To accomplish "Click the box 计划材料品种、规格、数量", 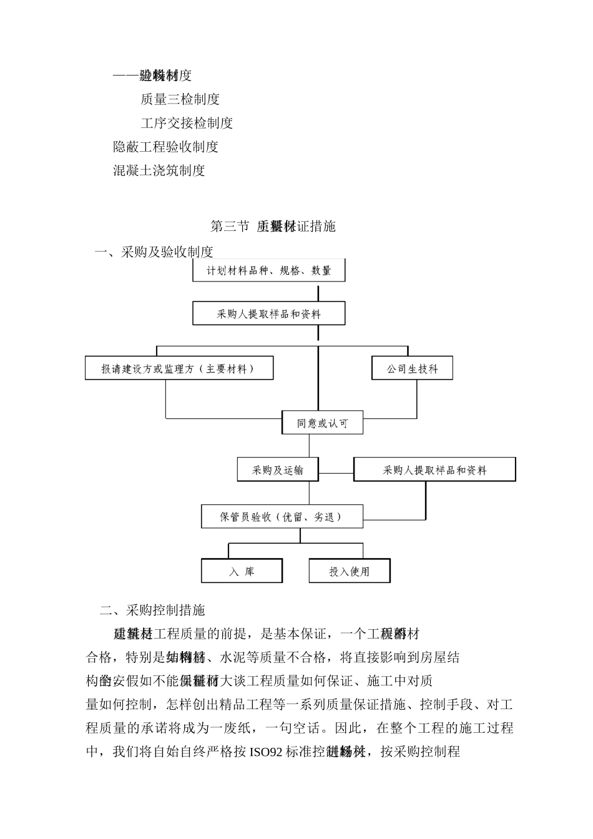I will pyautogui.click(x=268, y=270).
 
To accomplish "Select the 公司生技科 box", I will pyautogui.click(x=412, y=368).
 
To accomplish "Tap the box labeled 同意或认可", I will pyautogui.click(x=322, y=423).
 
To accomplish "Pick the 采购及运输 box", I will pyautogui.click(x=277, y=469).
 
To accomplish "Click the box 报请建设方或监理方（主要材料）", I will pyautogui.click(x=179, y=368).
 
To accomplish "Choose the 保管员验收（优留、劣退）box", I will pyautogui.click(x=282, y=517).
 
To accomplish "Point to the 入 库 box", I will pyautogui.click(x=242, y=571).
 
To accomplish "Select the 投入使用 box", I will pyautogui.click(x=350, y=571).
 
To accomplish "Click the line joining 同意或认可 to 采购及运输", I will pyautogui.click(x=309, y=446).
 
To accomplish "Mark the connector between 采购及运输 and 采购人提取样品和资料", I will pyautogui.click(x=336, y=473).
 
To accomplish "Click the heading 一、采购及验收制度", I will pyautogui.click(x=154, y=252).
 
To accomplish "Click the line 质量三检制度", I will pyautogui.click(x=180, y=99).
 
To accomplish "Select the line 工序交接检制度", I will pyautogui.click(x=187, y=122).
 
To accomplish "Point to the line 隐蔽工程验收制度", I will pyautogui.click(x=165, y=147).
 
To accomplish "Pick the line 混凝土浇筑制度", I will pyautogui.click(x=159, y=170).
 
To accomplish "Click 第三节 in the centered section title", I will pyautogui.click(x=230, y=226).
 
